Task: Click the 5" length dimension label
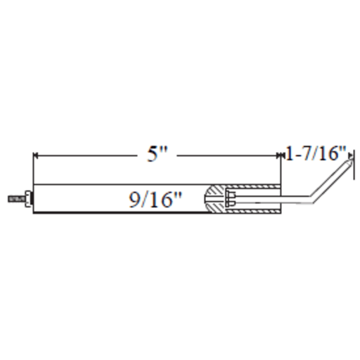[x=157, y=154]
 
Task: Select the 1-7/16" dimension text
[x=316, y=153]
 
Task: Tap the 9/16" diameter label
[x=155, y=200]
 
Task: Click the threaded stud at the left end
[x=17, y=199]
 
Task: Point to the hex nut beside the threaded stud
[x=27, y=199]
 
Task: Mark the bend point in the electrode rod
[x=312, y=199]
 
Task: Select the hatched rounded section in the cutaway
[x=215, y=199]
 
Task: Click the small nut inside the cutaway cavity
[x=231, y=199]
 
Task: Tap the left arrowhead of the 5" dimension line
[x=35, y=155]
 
